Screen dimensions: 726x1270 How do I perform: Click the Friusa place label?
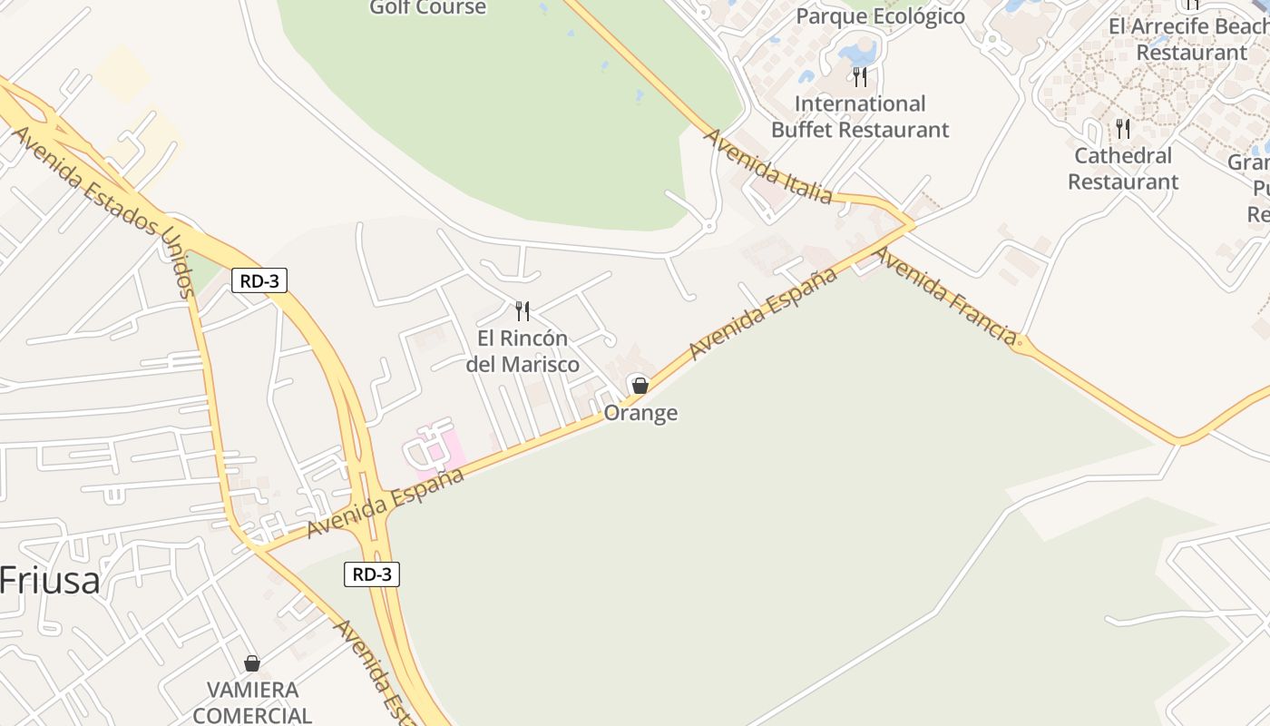[x=50, y=580]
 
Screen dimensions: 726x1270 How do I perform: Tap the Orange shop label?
[x=640, y=414]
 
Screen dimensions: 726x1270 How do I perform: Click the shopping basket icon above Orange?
[x=640, y=386]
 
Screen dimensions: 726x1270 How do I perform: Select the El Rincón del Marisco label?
[x=523, y=351]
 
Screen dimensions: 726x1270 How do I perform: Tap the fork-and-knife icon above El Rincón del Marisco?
[x=523, y=311]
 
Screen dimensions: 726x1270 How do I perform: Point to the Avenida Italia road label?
[x=767, y=167]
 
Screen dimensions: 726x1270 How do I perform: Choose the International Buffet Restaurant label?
[x=860, y=117]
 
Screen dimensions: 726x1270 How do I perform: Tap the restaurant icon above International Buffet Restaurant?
[x=860, y=76]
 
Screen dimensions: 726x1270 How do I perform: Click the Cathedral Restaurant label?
[x=1123, y=169]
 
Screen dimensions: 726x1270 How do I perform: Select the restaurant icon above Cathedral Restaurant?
[x=1123, y=129]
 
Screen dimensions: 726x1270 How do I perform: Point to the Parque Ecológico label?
[x=880, y=16]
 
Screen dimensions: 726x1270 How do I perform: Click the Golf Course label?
[x=428, y=8]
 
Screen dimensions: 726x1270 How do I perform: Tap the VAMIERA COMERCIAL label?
[x=252, y=702]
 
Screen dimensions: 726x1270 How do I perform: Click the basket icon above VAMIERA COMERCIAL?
[x=252, y=663]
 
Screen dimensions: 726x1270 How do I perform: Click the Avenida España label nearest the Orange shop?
[x=762, y=313]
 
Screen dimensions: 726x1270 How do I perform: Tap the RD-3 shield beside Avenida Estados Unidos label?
[x=259, y=281]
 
